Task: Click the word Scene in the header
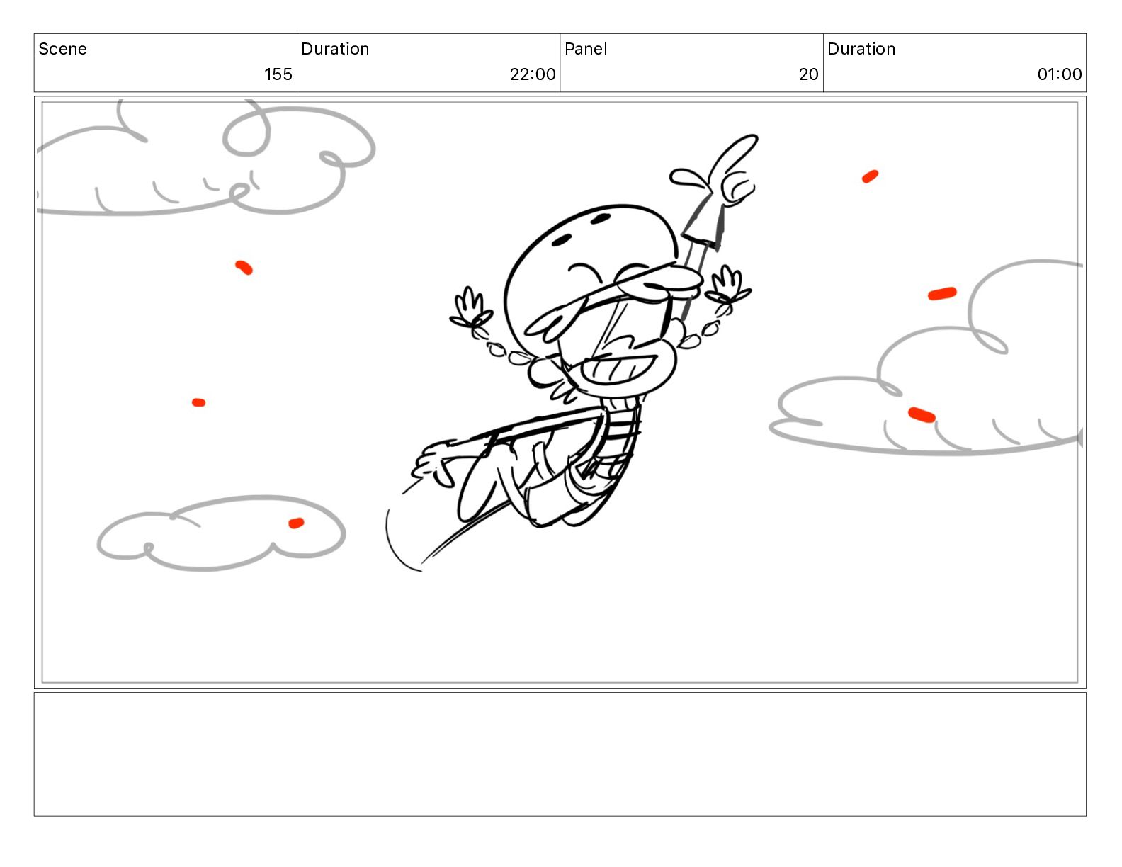(62, 49)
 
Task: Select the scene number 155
(278, 74)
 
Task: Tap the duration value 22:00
(533, 74)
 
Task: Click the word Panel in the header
(586, 49)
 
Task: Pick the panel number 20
(808, 74)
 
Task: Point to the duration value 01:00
(1059, 74)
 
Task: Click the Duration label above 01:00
(861, 49)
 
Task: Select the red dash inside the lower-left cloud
(296, 523)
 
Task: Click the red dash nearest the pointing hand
(870, 176)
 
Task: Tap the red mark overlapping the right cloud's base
(921, 414)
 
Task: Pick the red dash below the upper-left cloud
(244, 268)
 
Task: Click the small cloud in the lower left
(221, 533)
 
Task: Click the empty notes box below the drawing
(560, 754)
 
